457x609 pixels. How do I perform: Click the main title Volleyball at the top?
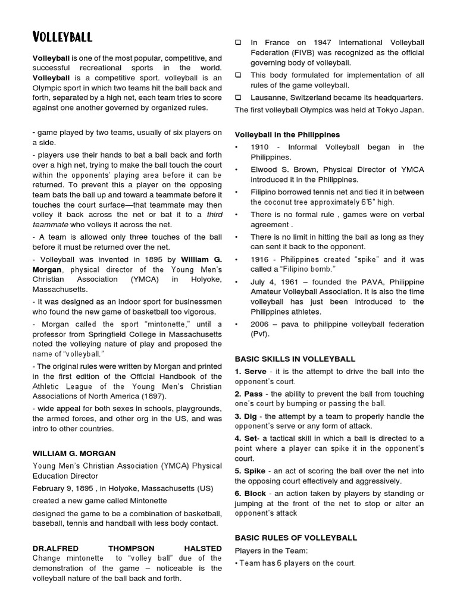tap(62, 37)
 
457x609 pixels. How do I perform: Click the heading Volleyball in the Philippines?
tap(287, 135)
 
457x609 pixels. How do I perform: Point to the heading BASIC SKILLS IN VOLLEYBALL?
tap(295, 359)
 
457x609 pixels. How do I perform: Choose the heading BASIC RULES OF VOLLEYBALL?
tap(296, 538)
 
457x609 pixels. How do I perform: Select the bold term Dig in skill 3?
tap(251, 416)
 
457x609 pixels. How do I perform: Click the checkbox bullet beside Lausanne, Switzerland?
tap(239, 98)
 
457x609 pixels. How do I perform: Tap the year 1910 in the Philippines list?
tap(260, 147)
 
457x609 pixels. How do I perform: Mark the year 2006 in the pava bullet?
tap(261, 324)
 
